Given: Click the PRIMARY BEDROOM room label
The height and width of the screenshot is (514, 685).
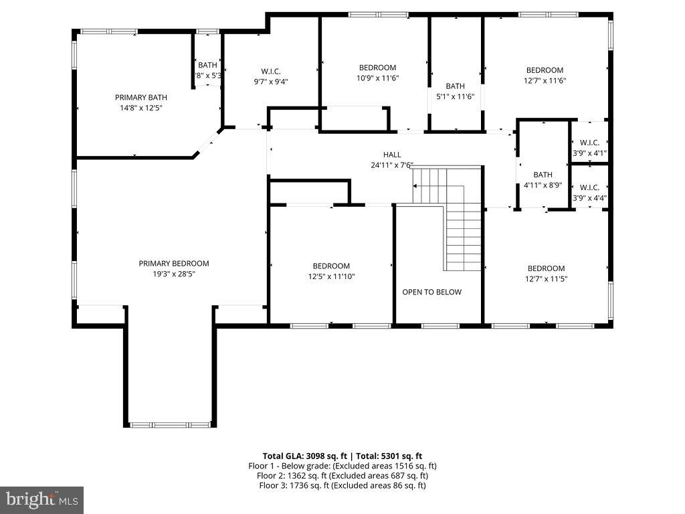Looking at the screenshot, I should pyautogui.click(x=174, y=263).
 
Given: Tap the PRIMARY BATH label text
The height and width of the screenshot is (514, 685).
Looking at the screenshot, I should pyautogui.click(x=140, y=97).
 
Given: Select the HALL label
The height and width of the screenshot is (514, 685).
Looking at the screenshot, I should pyautogui.click(x=392, y=155).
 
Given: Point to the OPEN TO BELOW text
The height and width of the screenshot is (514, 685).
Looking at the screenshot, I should pyautogui.click(x=431, y=292).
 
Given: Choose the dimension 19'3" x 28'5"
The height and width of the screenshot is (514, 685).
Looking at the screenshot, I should pyautogui.click(x=174, y=274).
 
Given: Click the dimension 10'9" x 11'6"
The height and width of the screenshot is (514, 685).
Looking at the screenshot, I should pyautogui.click(x=377, y=78).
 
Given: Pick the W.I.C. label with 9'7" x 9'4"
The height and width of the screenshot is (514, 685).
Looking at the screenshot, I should pyautogui.click(x=270, y=71).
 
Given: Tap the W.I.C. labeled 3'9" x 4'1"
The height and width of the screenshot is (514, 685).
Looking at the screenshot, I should pyautogui.click(x=589, y=143).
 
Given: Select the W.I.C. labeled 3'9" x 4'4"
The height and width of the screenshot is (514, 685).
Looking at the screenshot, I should pyautogui.click(x=589, y=187).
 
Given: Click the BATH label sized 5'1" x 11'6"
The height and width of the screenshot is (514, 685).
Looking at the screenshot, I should pyautogui.click(x=455, y=86).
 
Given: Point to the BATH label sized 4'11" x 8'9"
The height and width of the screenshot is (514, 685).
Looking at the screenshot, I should pyautogui.click(x=543, y=175).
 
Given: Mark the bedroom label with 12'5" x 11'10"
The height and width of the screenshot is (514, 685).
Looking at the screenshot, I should pyautogui.click(x=331, y=266).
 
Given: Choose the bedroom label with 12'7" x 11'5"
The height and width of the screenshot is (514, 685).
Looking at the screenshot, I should pyautogui.click(x=546, y=268).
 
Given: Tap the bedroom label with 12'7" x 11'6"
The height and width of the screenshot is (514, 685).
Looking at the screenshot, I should pyautogui.click(x=545, y=70).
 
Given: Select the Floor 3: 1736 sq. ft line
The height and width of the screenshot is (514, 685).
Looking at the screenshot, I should pyautogui.click(x=342, y=485).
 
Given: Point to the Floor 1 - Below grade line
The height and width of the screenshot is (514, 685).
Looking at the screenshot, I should pyautogui.click(x=342, y=465).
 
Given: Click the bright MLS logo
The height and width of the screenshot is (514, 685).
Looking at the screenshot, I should pyautogui.click(x=41, y=499).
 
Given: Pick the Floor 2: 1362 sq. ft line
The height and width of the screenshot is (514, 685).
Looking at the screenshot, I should pyautogui.click(x=342, y=475).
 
